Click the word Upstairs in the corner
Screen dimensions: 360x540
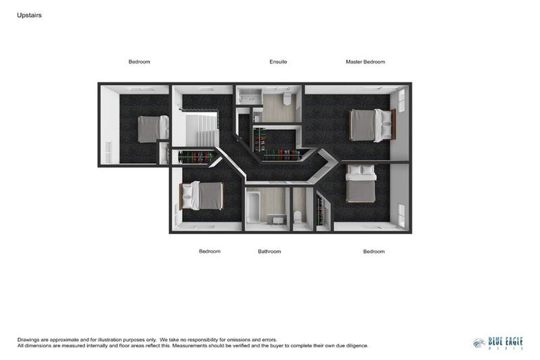29,15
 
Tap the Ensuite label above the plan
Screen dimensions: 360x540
278,62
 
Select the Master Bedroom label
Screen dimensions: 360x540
365,62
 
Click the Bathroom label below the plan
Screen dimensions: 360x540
269,251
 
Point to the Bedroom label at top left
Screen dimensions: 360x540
139,62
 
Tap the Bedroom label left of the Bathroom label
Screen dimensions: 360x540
210,251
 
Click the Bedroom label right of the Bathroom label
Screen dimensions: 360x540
373,251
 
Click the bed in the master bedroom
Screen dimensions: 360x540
371,125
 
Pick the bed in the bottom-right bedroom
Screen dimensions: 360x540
361,184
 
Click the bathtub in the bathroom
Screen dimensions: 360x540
253,207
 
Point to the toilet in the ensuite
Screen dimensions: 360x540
288,99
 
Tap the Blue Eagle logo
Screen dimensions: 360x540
498,342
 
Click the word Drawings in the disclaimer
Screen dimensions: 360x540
29,340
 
